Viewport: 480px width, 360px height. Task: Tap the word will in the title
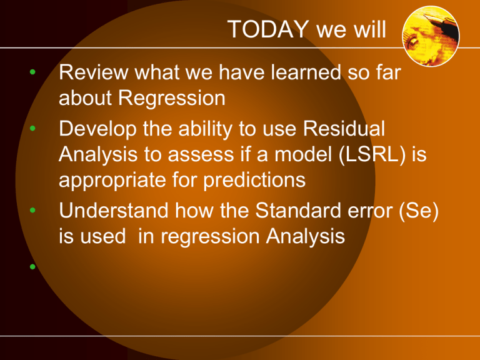(367, 29)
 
